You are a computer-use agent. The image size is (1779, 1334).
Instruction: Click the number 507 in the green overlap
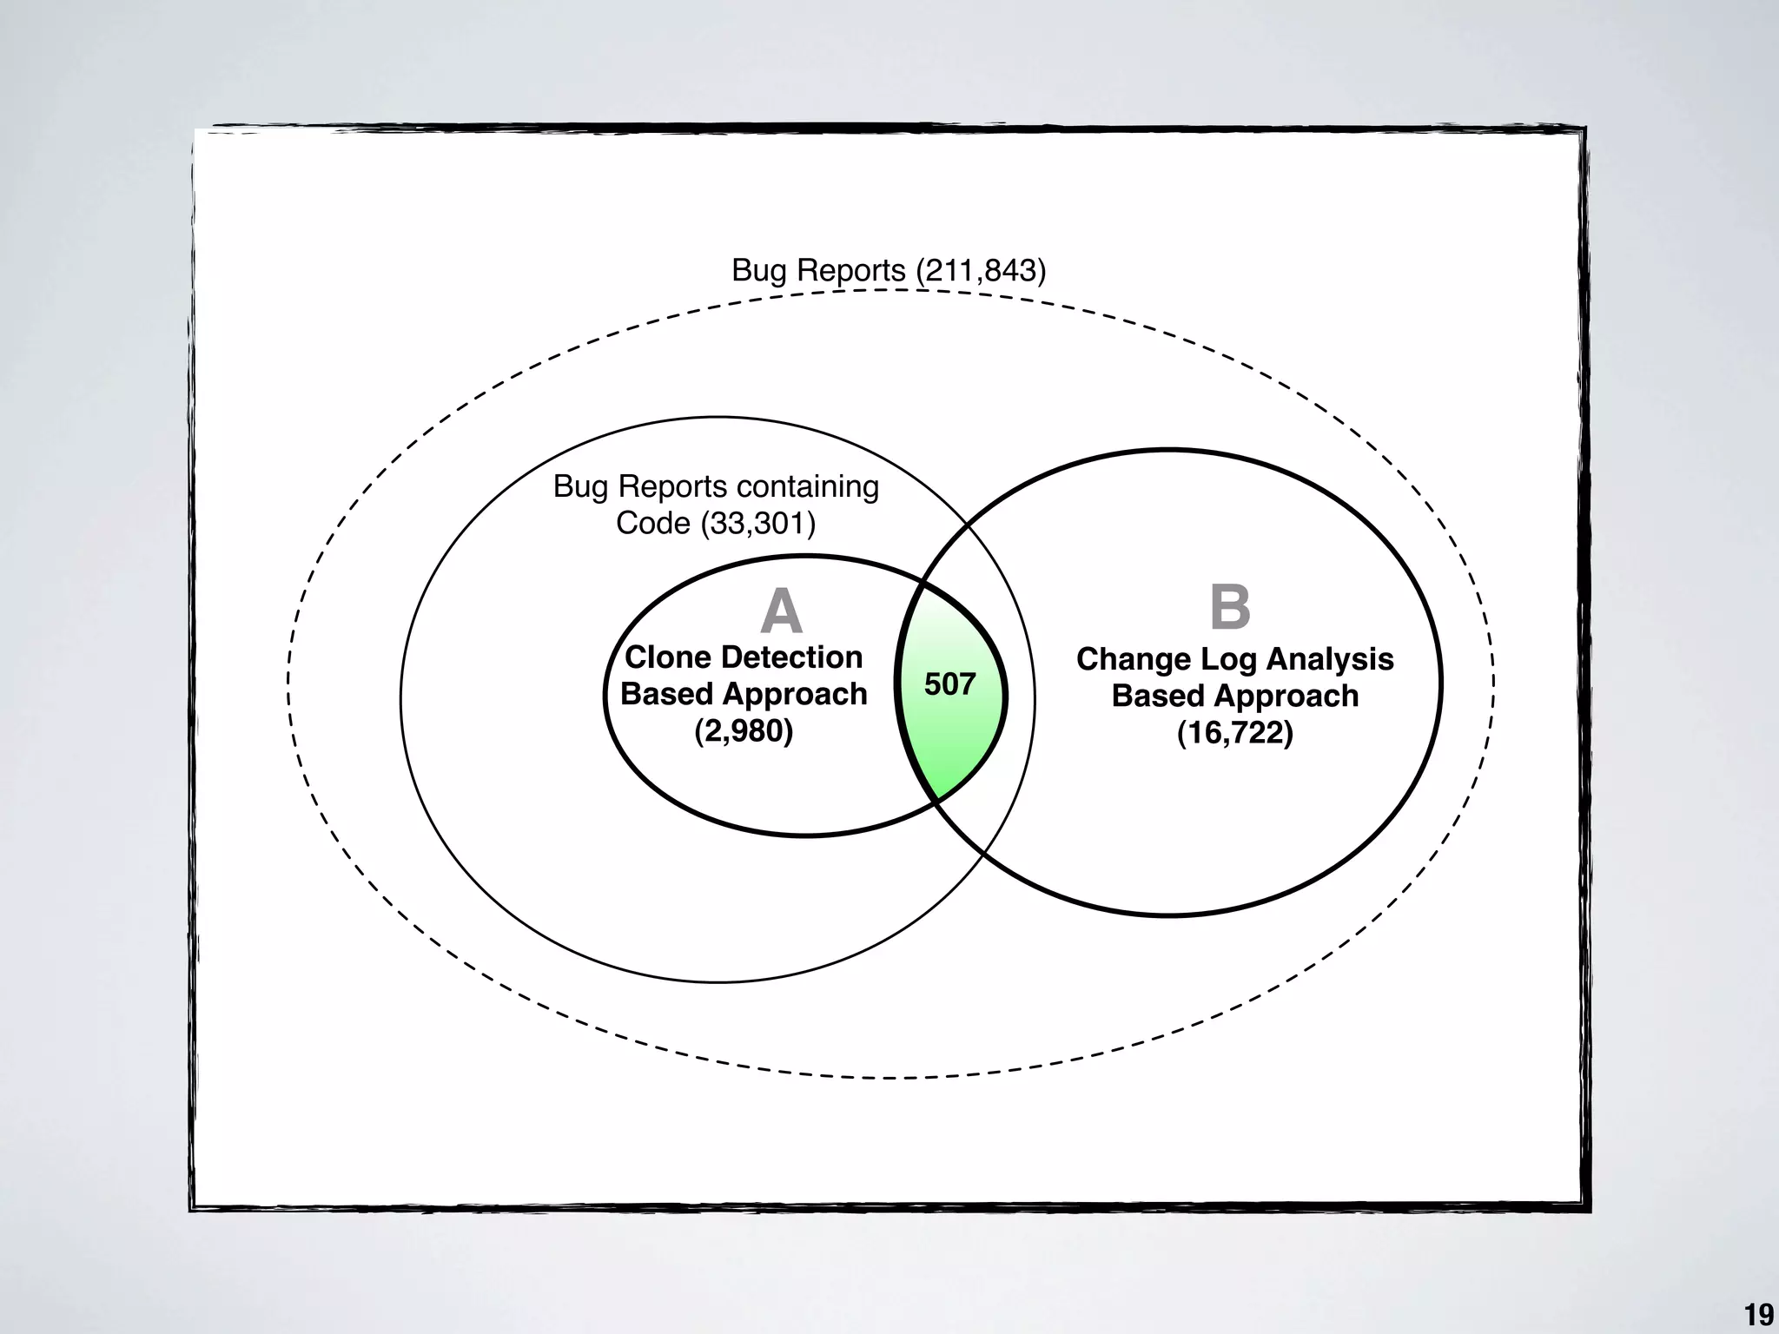tap(949, 685)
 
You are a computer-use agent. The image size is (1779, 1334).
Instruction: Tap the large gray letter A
tap(781, 611)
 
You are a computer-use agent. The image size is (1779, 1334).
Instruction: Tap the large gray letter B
tap(1230, 607)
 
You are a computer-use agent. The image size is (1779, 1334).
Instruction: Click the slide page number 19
tap(1759, 1315)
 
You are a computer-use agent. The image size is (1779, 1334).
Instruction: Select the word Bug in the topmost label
tap(758, 270)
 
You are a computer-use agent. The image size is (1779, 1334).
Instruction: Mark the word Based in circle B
tap(1148, 697)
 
